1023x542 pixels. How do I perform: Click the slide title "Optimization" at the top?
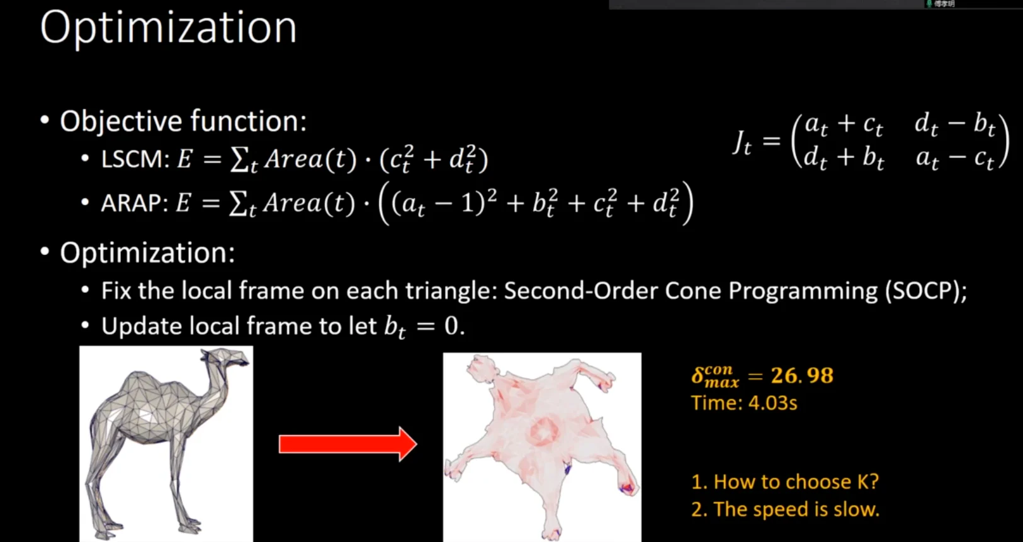pyautogui.click(x=169, y=28)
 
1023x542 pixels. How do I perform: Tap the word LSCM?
pyautogui.click(x=132, y=159)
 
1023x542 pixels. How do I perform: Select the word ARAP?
pyautogui.click(x=131, y=203)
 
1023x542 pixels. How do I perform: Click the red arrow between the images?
pyautogui.click(x=348, y=444)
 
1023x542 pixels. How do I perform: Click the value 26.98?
pyautogui.click(x=802, y=376)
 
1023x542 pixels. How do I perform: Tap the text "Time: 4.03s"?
pyautogui.click(x=744, y=403)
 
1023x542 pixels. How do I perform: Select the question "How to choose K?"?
pyautogui.click(x=796, y=482)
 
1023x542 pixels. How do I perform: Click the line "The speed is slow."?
pyautogui.click(x=796, y=509)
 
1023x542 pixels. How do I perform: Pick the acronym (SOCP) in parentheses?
pyautogui.click(x=925, y=290)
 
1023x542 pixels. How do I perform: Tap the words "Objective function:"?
pyautogui.click(x=183, y=121)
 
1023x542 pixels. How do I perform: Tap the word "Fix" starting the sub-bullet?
pyautogui.click(x=116, y=290)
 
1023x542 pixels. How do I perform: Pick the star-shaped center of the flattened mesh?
pyautogui.click(x=544, y=431)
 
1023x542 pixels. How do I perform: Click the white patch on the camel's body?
pyautogui.click(x=146, y=415)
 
